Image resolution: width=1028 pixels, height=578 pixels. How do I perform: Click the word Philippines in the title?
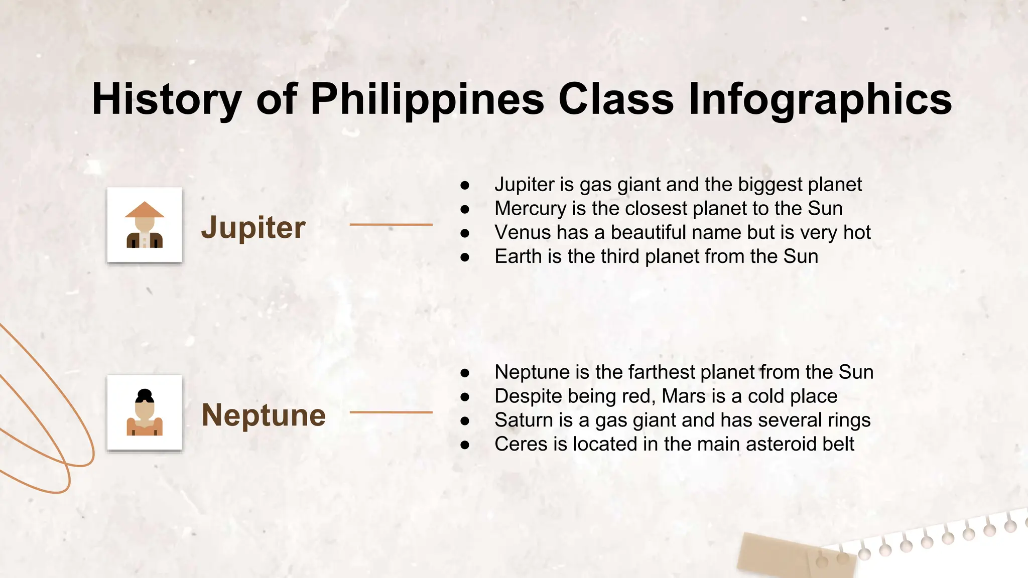tap(427, 99)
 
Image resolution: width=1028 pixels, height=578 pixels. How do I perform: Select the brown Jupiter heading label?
tap(253, 227)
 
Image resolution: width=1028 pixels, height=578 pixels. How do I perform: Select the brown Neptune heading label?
tap(264, 415)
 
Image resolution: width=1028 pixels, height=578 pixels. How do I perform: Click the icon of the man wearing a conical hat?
tap(145, 225)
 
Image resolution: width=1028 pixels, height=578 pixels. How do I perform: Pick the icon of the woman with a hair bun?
tap(145, 412)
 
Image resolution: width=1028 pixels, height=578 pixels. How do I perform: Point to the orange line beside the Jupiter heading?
tap(391, 225)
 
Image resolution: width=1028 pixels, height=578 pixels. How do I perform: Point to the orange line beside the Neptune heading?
tap(391, 412)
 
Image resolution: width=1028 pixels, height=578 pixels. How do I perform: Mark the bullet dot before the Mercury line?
tap(465, 209)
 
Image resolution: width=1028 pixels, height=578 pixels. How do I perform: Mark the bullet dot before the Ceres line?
tap(465, 445)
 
